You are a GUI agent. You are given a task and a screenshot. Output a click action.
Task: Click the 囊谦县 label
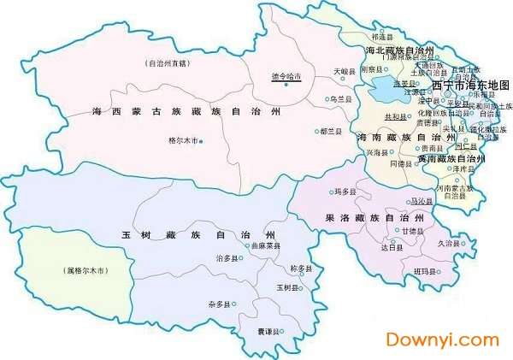[x=269, y=329]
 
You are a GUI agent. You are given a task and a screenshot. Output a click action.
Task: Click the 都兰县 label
[x=329, y=132]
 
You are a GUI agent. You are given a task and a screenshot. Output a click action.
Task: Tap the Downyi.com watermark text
[x=442, y=339]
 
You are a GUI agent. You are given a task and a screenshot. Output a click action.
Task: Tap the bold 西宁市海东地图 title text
[x=471, y=86]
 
